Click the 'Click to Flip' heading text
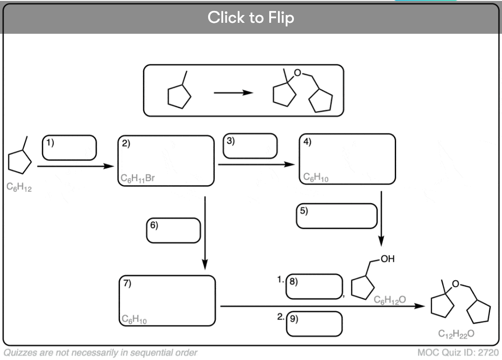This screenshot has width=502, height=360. [251, 18]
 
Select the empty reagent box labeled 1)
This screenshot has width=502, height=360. [69, 147]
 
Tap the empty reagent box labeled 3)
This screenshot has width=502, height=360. [250, 146]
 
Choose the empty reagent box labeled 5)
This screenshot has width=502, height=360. [337, 216]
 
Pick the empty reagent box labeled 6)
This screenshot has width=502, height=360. [173, 230]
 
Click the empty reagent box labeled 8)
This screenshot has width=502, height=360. [314, 287]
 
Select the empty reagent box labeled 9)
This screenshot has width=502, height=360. [314, 324]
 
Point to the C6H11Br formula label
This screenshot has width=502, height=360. [138, 178]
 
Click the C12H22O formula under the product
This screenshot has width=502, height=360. [456, 334]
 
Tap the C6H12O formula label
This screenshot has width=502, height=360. [390, 299]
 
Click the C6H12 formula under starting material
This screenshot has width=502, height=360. [19, 187]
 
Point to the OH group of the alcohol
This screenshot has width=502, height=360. [387, 259]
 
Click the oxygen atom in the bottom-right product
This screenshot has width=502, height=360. [455, 284]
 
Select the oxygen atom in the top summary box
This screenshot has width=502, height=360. [298, 73]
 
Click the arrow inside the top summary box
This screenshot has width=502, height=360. [233, 93]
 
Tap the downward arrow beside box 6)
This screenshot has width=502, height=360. [205, 233]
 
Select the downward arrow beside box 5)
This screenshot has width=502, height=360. [381, 219]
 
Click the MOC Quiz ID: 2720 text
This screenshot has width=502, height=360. [458, 352]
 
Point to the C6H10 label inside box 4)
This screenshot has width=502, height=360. [316, 177]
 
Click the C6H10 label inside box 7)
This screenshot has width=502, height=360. [134, 319]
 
